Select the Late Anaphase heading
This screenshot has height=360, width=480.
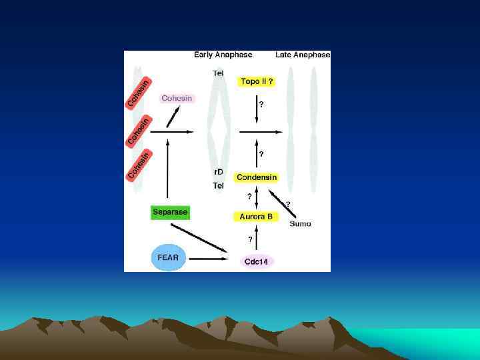(x=303, y=55)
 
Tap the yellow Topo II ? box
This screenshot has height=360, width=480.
(x=257, y=81)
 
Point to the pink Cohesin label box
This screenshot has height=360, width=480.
(x=177, y=99)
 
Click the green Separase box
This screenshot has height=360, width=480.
(x=170, y=213)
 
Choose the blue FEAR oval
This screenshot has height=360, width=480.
(x=168, y=257)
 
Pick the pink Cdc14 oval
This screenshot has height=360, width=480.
(x=256, y=261)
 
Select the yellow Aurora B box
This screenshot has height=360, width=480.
(x=256, y=217)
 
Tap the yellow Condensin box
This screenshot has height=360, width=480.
(x=257, y=177)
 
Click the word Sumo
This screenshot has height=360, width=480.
(x=300, y=224)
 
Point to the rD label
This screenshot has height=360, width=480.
(x=218, y=172)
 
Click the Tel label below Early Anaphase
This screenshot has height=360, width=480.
(x=218, y=73)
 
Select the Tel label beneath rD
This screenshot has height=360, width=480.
(x=218, y=186)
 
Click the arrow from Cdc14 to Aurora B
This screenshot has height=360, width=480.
(x=257, y=238)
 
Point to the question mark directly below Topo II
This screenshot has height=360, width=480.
(x=261, y=104)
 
